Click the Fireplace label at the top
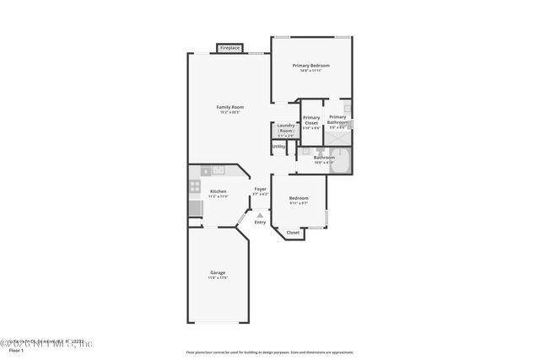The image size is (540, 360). [x=229, y=49]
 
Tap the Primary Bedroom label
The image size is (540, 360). [x=310, y=65]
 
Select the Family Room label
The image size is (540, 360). [x=229, y=107]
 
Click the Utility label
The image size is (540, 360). [x=278, y=146]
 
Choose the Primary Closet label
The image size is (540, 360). [x=311, y=120]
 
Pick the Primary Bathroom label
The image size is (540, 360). [x=337, y=120]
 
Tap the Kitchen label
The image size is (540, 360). [x=218, y=191]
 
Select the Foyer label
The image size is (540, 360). [x=261, y=189]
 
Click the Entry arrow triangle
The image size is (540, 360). [x=260, y=215]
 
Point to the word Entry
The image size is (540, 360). [x=260, y=222]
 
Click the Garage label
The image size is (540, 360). [x=218, y=272]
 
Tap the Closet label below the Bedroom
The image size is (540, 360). [x=293, y=232]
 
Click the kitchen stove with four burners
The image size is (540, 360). [x=195, y=186]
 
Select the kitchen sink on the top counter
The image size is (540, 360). [x=218, y=170]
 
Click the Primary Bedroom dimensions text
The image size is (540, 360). [x=310, y=70]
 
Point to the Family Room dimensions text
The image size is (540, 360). [x=229, y=112]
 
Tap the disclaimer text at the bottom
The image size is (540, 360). [x=270, y=352]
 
